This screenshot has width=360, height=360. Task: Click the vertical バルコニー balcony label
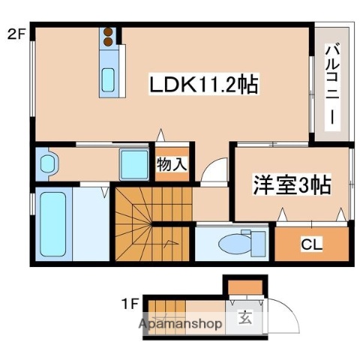click(x=331, y=86)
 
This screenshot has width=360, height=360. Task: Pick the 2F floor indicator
click(x=16, y=33)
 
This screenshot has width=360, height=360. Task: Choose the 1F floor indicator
click(x=129, y=304)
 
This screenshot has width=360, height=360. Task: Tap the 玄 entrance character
click(x=245, y=317)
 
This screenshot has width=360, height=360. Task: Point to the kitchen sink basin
click(x=109, y=76)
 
